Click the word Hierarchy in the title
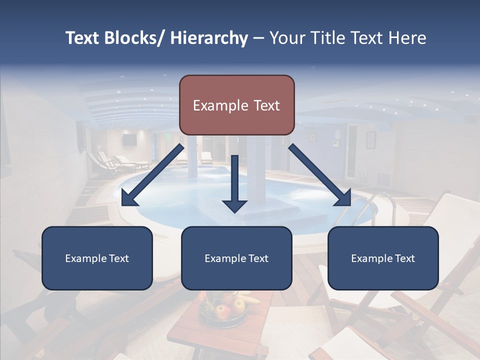[x=209, y=38]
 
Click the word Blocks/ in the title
[x=132, y=38]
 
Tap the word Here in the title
[x=408, y=38]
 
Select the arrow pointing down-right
[x=320, y=175]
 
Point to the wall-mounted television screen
[x=129, y=140]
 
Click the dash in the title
[x=258, y=38]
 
